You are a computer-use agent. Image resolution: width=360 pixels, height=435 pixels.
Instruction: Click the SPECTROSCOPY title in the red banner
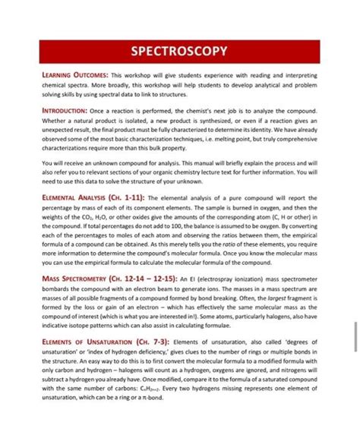click(x=179, y=52)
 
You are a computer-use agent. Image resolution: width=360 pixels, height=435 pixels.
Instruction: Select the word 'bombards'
click(x=58, y=289)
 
